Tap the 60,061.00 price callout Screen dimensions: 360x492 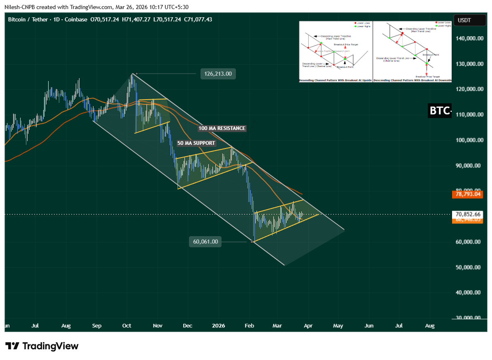[x=205, y=242]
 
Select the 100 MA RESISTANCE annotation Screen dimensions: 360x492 [x=222, y=128]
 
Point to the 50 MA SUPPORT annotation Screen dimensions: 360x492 [x=196, y=143]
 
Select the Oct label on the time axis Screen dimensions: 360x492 [x=126, y=326]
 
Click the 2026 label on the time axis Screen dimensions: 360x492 [x=219, y=326]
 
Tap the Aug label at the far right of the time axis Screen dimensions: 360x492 [x=429, y=326]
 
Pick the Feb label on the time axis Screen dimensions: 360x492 [x=249, y=326]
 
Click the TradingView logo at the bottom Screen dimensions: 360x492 [x=42, y=346]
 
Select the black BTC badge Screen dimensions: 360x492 [x=440, y=111]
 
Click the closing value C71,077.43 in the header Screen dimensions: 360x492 [x=198, y=19]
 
